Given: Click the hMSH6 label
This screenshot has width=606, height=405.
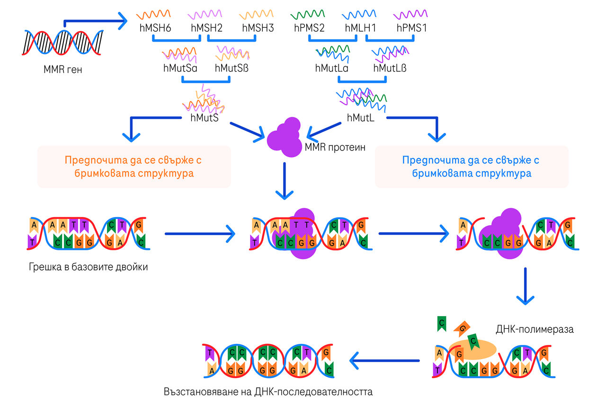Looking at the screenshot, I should [x=155, y=28].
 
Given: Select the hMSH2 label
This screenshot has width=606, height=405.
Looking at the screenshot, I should [x=207, y=28].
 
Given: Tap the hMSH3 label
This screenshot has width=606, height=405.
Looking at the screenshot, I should [x=258, y=28].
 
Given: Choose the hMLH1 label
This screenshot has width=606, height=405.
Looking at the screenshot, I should [x=360, y=28].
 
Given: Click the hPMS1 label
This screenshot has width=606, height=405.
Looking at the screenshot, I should [x=411, y=28].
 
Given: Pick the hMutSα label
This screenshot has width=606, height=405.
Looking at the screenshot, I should [x=180, y=68].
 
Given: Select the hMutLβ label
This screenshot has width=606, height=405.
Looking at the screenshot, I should [x=390, y=68].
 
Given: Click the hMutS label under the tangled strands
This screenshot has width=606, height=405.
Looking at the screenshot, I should [x=204, y=117].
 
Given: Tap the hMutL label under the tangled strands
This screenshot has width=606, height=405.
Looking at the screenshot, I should [x=361, y=117].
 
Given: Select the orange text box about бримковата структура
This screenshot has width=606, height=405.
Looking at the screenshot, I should [x=134, y=167].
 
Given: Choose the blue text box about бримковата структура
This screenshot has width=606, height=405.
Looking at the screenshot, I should [x=471, y=167].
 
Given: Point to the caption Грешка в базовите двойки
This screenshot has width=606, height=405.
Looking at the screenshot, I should [x=88, y=267].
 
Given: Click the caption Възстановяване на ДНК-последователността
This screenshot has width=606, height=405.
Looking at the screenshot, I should [x=268, y=392].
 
